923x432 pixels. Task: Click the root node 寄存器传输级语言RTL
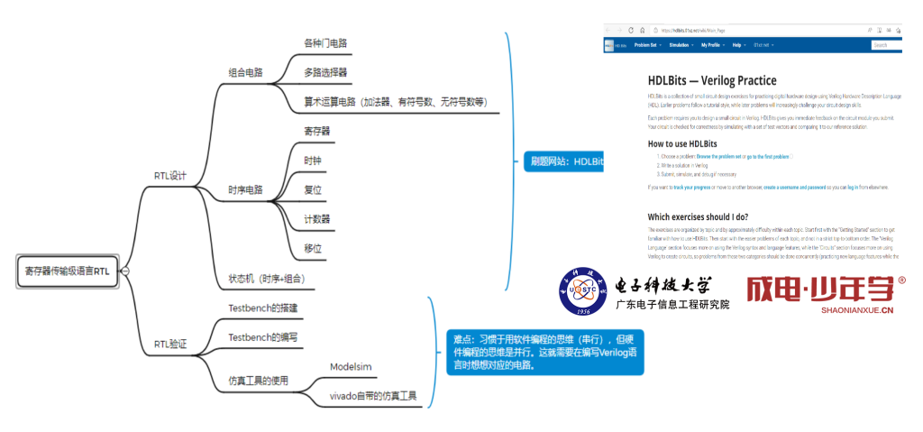tap(69, 271)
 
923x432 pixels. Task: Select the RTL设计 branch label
tap(170, 176)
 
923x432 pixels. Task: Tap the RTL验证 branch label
tap(170, 344)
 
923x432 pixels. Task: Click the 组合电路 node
tap(246, 72)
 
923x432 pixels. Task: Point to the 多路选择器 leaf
tap(325, 71)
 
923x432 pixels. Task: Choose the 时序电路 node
tap(246, 190)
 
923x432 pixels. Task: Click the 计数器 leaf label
tap(317, 219)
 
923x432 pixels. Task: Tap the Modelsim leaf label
tap(351, 367)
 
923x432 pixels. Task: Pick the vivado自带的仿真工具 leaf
tap(373, 395)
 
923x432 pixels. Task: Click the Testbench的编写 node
tap(263, 336)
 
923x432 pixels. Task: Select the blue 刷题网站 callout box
tap(562, 161)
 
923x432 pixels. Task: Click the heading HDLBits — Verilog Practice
tap(712, 80)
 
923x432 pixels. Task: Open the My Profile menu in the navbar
tap(712, 44)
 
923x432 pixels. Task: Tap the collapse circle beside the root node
tap(125, 271)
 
